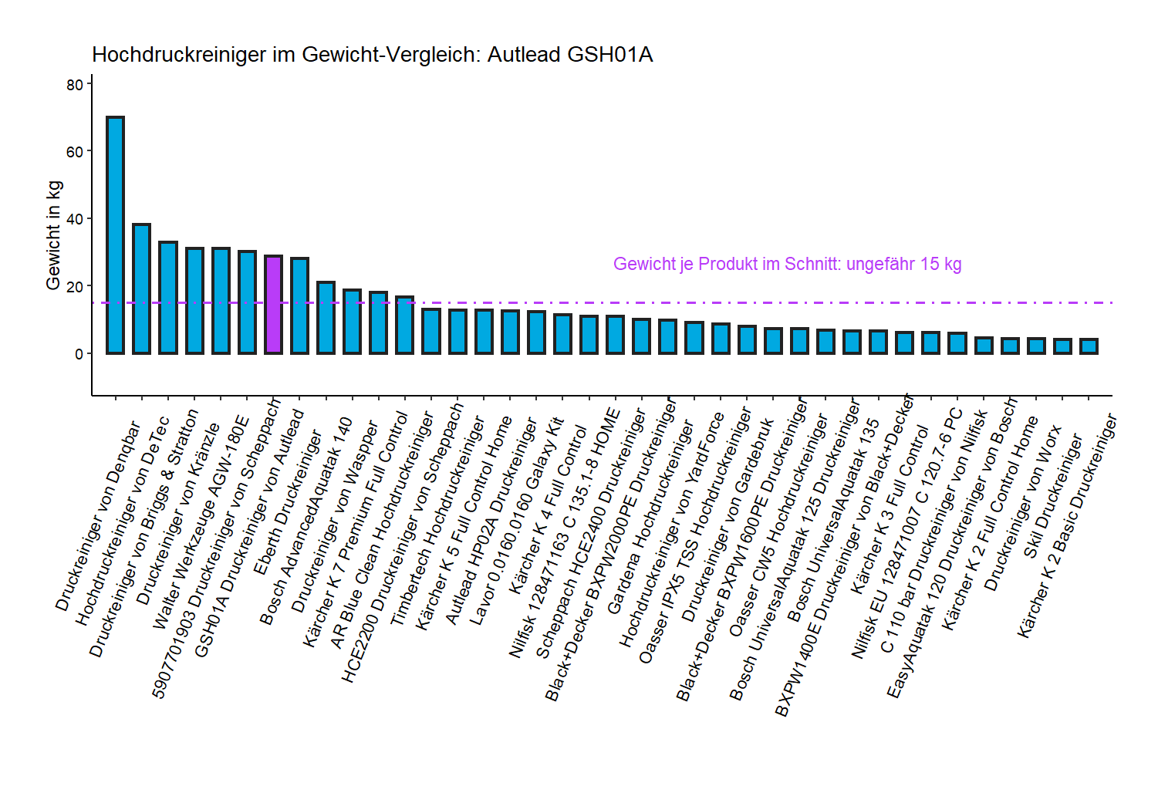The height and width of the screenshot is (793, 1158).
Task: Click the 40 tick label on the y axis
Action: coord(75,219)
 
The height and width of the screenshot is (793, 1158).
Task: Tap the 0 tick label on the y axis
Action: coord(79,354)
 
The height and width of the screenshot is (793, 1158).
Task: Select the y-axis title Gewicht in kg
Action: coord(53,235)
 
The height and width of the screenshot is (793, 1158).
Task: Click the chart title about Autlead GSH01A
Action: coord(372,55)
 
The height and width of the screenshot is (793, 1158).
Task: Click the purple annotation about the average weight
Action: coord(787,264)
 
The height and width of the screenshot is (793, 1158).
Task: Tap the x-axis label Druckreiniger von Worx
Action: coord(1022,508)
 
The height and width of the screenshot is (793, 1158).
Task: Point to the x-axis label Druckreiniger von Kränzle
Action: coord(178,513)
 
